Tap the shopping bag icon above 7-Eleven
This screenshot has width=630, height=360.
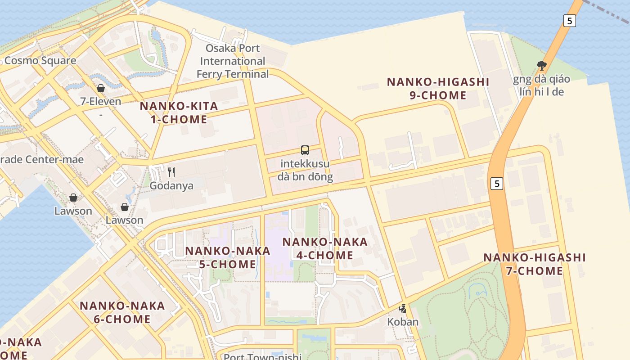pos(101,88)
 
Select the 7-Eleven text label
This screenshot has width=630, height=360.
pos(101,101)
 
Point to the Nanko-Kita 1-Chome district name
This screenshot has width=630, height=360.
pos(179,112)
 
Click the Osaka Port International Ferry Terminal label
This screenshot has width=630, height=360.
pos(233,61)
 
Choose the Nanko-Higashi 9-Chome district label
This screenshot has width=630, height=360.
pos(438,89)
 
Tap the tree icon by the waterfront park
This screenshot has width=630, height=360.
pos(542,66)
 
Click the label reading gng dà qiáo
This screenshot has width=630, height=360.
pos(541,79)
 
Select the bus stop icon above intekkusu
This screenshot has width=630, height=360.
pos(305,150)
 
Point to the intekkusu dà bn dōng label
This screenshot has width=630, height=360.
pos(305,170)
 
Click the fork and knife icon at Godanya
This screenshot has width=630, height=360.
pos(171,172)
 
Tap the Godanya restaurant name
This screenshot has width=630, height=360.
pos(171,185)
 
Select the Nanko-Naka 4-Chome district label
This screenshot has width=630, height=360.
pos(325,248)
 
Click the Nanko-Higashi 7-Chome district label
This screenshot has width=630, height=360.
pos(535,264)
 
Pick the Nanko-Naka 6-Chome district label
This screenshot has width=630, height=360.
pos(122,312)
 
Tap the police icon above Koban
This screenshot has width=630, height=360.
pos(403,309)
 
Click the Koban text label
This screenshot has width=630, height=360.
pos(403,322)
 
